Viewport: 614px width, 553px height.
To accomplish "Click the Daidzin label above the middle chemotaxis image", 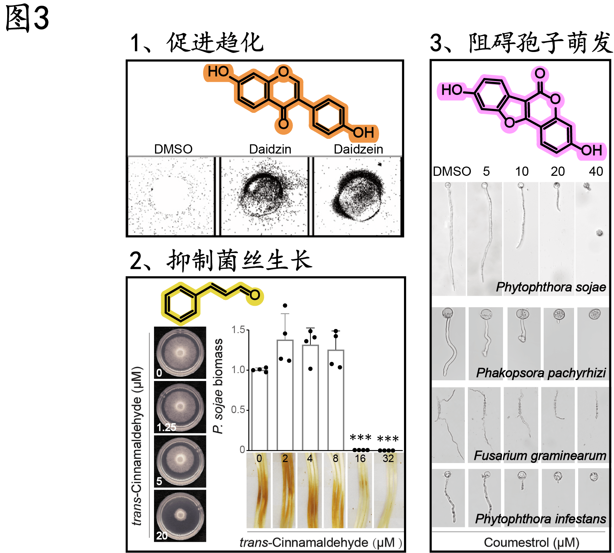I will point(270,149).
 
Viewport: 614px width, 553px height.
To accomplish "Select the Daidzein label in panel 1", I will point(358,149).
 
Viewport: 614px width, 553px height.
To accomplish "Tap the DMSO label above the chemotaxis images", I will point(173,149).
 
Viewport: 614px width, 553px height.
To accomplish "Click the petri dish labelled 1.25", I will point(180,407).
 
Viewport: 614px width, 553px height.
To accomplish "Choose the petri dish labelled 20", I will point(180,515).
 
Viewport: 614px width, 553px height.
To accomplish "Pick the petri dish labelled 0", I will point(180,353).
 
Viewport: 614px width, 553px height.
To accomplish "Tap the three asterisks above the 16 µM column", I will point(360,438).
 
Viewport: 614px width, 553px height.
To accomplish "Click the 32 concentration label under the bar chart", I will point(388,458).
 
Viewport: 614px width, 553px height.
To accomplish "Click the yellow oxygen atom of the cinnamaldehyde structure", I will point(255,295).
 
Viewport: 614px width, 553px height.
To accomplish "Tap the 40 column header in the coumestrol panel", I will point(596,171).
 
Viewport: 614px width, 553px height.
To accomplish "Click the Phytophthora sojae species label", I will point(551,287).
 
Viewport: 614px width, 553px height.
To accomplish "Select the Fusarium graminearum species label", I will point(540,456).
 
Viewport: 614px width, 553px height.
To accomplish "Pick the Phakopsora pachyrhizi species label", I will point(541,373).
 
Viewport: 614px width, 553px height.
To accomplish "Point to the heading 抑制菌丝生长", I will point(239,261).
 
